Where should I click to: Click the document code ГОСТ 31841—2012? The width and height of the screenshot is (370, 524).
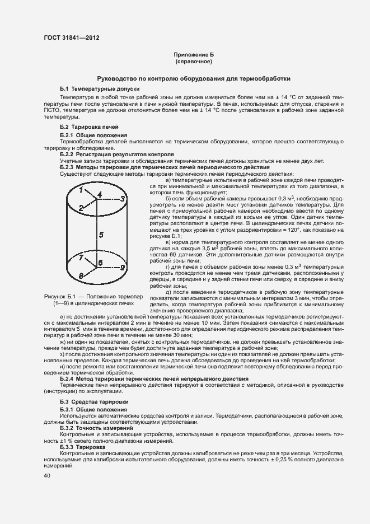pyautogui.click(x=73, y=38)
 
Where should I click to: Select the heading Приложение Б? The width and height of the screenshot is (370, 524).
pyautogui.click(x=194, y=55)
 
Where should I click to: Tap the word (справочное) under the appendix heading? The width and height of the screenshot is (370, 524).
pyautogui.click(x=194, y=62)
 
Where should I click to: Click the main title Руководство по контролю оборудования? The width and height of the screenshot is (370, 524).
pyautogui.click(x=194, y=79)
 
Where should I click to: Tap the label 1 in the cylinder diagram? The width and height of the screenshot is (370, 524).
pyautogui.click(x=81, y=190)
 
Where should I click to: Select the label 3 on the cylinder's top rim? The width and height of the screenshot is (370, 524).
pyautogui.click(x=123, y=199)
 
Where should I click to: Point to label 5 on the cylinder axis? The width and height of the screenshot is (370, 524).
pyautogui.click(x=101, y=235)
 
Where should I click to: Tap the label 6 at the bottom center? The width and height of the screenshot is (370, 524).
pyautogui.click(x=100, y=263)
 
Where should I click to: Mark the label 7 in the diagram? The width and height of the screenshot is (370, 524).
pyautogui.click(x=81, y=258)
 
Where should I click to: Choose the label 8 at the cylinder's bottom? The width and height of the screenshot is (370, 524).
pyautogui.click(x=81, y=276)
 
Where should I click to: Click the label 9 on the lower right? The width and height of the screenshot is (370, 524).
pyautogui.click(x=123, y=268)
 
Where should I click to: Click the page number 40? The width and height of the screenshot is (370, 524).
pyautogui.click(x=46, y=475)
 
